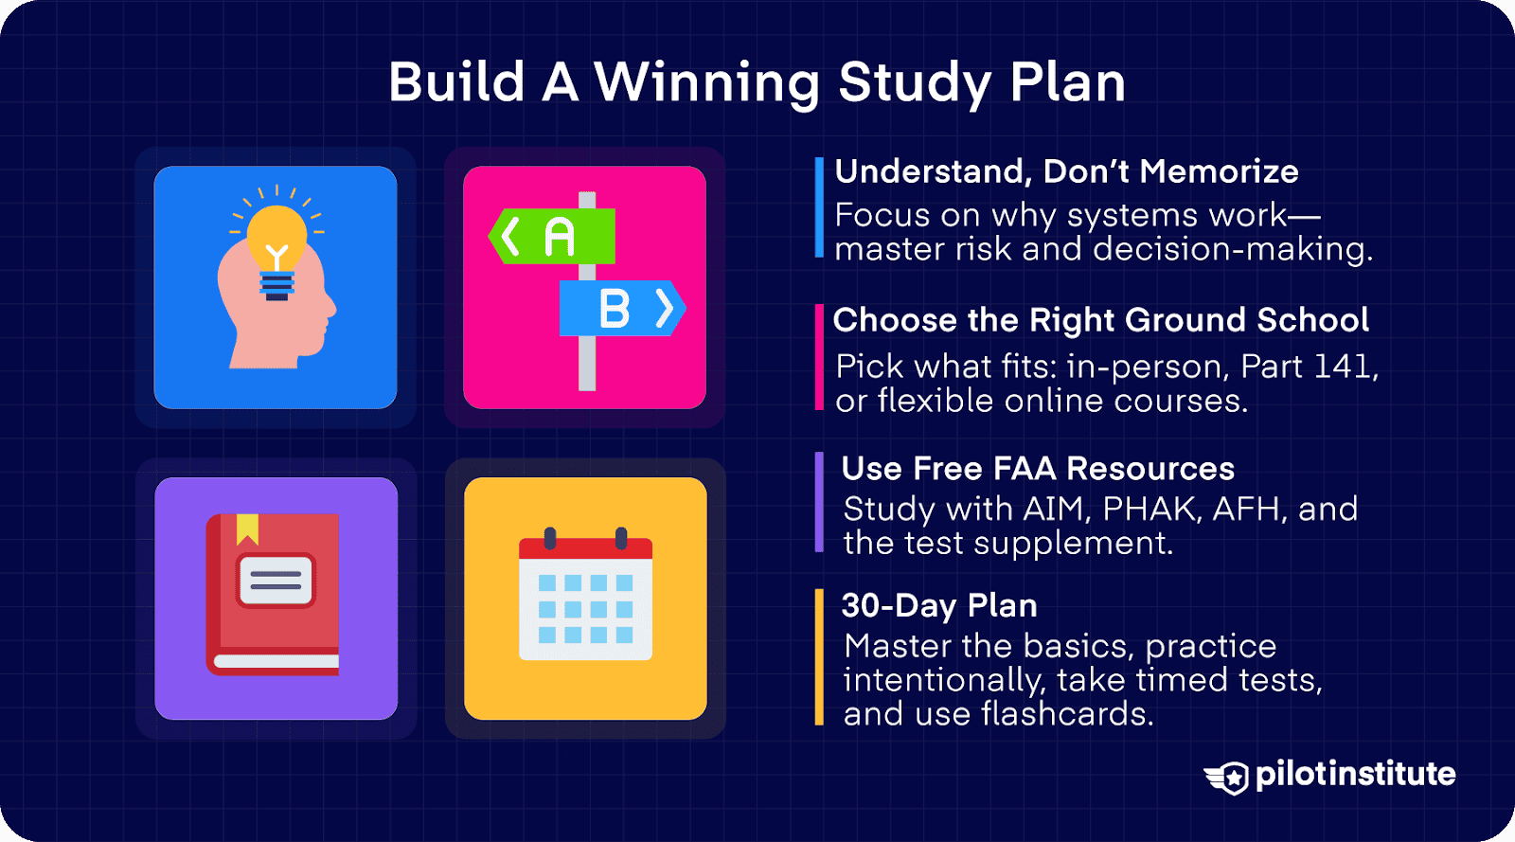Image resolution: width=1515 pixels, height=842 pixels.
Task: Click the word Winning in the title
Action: click(x=706, y=83)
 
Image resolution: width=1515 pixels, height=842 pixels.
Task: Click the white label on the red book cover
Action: click(x=276, y=580)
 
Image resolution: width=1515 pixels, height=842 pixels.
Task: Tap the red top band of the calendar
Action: click(x=585, y=548)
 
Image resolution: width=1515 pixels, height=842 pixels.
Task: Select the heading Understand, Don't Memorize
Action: click(x=1066, y=171)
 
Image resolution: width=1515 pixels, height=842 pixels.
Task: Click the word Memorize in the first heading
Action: click(x=1219, y=171)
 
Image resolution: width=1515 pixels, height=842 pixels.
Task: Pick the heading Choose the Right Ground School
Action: click(x=1100, y=320)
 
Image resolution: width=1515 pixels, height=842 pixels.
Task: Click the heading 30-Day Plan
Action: click(x=938, y=605)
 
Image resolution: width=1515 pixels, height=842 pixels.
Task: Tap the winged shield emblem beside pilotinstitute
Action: click(x=1229, y=778)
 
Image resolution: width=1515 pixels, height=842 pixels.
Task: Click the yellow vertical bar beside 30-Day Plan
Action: click(x=819, y=656)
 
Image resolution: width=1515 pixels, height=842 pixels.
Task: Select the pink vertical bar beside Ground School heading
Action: click(x=819, y=357)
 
